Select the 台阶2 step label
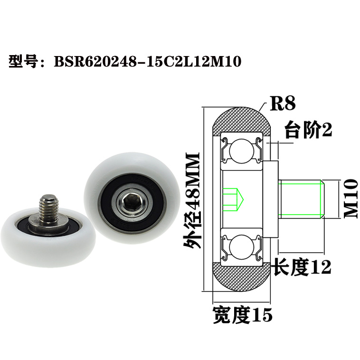click(x=307, y=130)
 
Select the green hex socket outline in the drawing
click(x=233, y=199)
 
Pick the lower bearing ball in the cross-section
click(x=240, y=248)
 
